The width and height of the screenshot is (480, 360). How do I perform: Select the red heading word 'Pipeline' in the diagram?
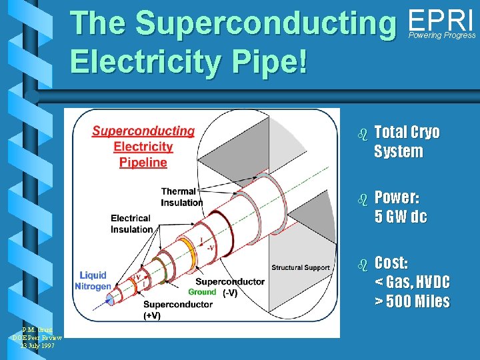(143, 162)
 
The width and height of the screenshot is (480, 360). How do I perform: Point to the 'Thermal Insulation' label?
(181, 197)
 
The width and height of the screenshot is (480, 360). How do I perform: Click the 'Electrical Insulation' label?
(131, 224)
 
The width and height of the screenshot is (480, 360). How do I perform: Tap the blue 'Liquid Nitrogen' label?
(93, 281)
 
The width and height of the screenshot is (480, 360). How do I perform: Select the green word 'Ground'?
(202, 292)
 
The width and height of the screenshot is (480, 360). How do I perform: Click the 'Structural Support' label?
(300, 268)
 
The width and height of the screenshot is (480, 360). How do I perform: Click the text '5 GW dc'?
(400, 217)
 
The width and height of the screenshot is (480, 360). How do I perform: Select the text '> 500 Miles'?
(411, 301)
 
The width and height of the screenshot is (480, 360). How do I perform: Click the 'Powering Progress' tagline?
(442, 35)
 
